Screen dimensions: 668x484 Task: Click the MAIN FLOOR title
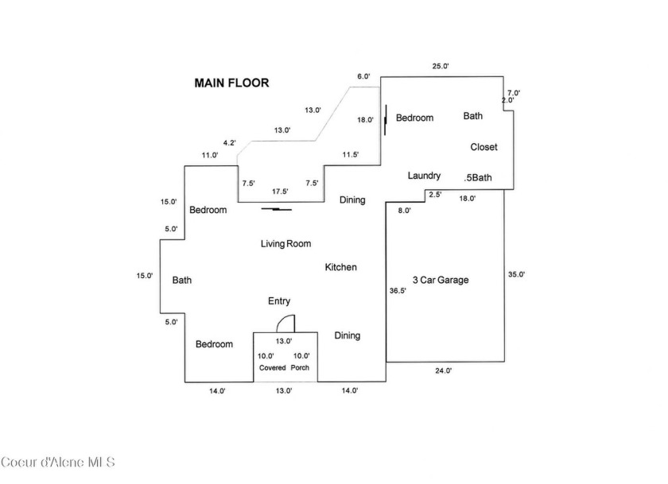(x=231, y=83)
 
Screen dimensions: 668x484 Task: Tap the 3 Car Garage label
(x=441, y=280)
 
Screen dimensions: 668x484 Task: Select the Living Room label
(x=285, y=243)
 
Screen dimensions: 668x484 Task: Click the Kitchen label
(x=341, y=267)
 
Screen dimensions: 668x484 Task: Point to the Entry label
(x=279, y=301)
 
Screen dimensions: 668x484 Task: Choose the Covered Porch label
(x=284, y=367)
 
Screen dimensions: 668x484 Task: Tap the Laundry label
(x=424, y=176)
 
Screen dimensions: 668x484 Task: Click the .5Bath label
(x=478, y=177)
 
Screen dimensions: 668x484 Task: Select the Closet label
(x=484, y=147)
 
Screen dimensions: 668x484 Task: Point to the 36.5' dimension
(x=398, y=291)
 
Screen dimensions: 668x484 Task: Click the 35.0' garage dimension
(x=516, y=274)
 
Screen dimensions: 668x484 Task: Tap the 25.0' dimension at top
(x=441, y=66)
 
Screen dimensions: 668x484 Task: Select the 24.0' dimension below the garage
(x=444, y=371)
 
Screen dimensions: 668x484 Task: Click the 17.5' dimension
(x=280, y=192)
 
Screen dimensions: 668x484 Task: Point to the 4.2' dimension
(x=230, y=142)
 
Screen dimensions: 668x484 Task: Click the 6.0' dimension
(x=363, y=76)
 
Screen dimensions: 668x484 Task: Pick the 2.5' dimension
(x=435, y=195)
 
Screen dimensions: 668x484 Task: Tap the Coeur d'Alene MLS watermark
(x=58, y=462)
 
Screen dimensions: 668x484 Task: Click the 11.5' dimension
(x=351, y=154)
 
